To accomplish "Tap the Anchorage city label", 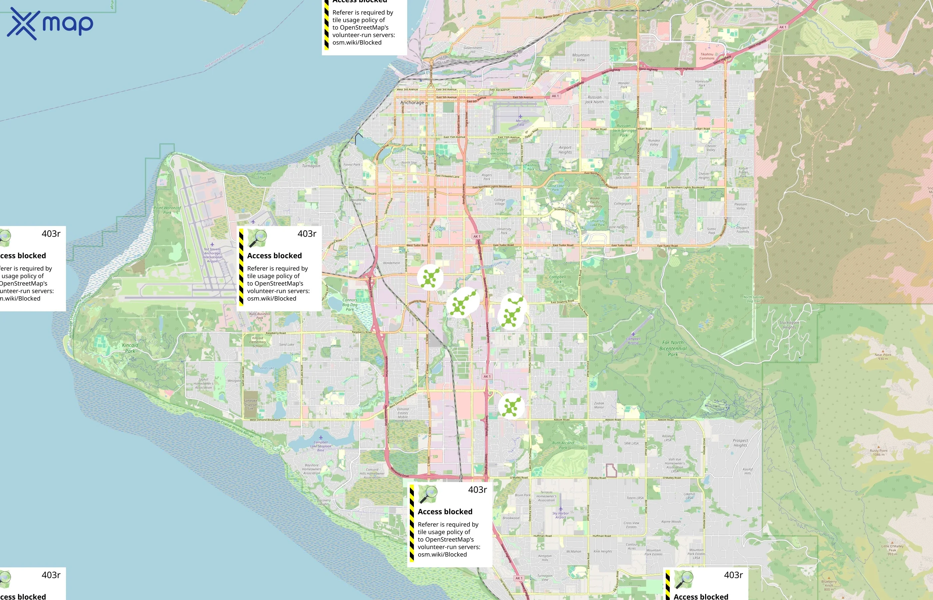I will tap(412, 102).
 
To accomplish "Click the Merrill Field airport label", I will tap(520, 123).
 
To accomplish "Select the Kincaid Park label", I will tap(130, 348).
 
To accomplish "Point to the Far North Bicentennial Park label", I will tap(673, 348).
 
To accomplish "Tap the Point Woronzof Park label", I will tap(168, 210).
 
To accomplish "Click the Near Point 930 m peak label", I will tap(883, 356).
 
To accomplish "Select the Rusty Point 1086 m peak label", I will tap(878, 452).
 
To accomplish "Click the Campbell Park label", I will tap(557, 279).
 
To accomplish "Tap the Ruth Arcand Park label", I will tap(563, 445).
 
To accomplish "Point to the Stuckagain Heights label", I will tap(789, 325).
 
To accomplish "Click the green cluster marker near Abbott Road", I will tap(511, 406).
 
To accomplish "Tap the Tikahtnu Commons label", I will tap(707, 56).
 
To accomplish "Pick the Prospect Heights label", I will tap(740, 443).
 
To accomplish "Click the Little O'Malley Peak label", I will tap(892, 550).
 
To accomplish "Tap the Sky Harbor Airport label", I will tap(560, 515).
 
